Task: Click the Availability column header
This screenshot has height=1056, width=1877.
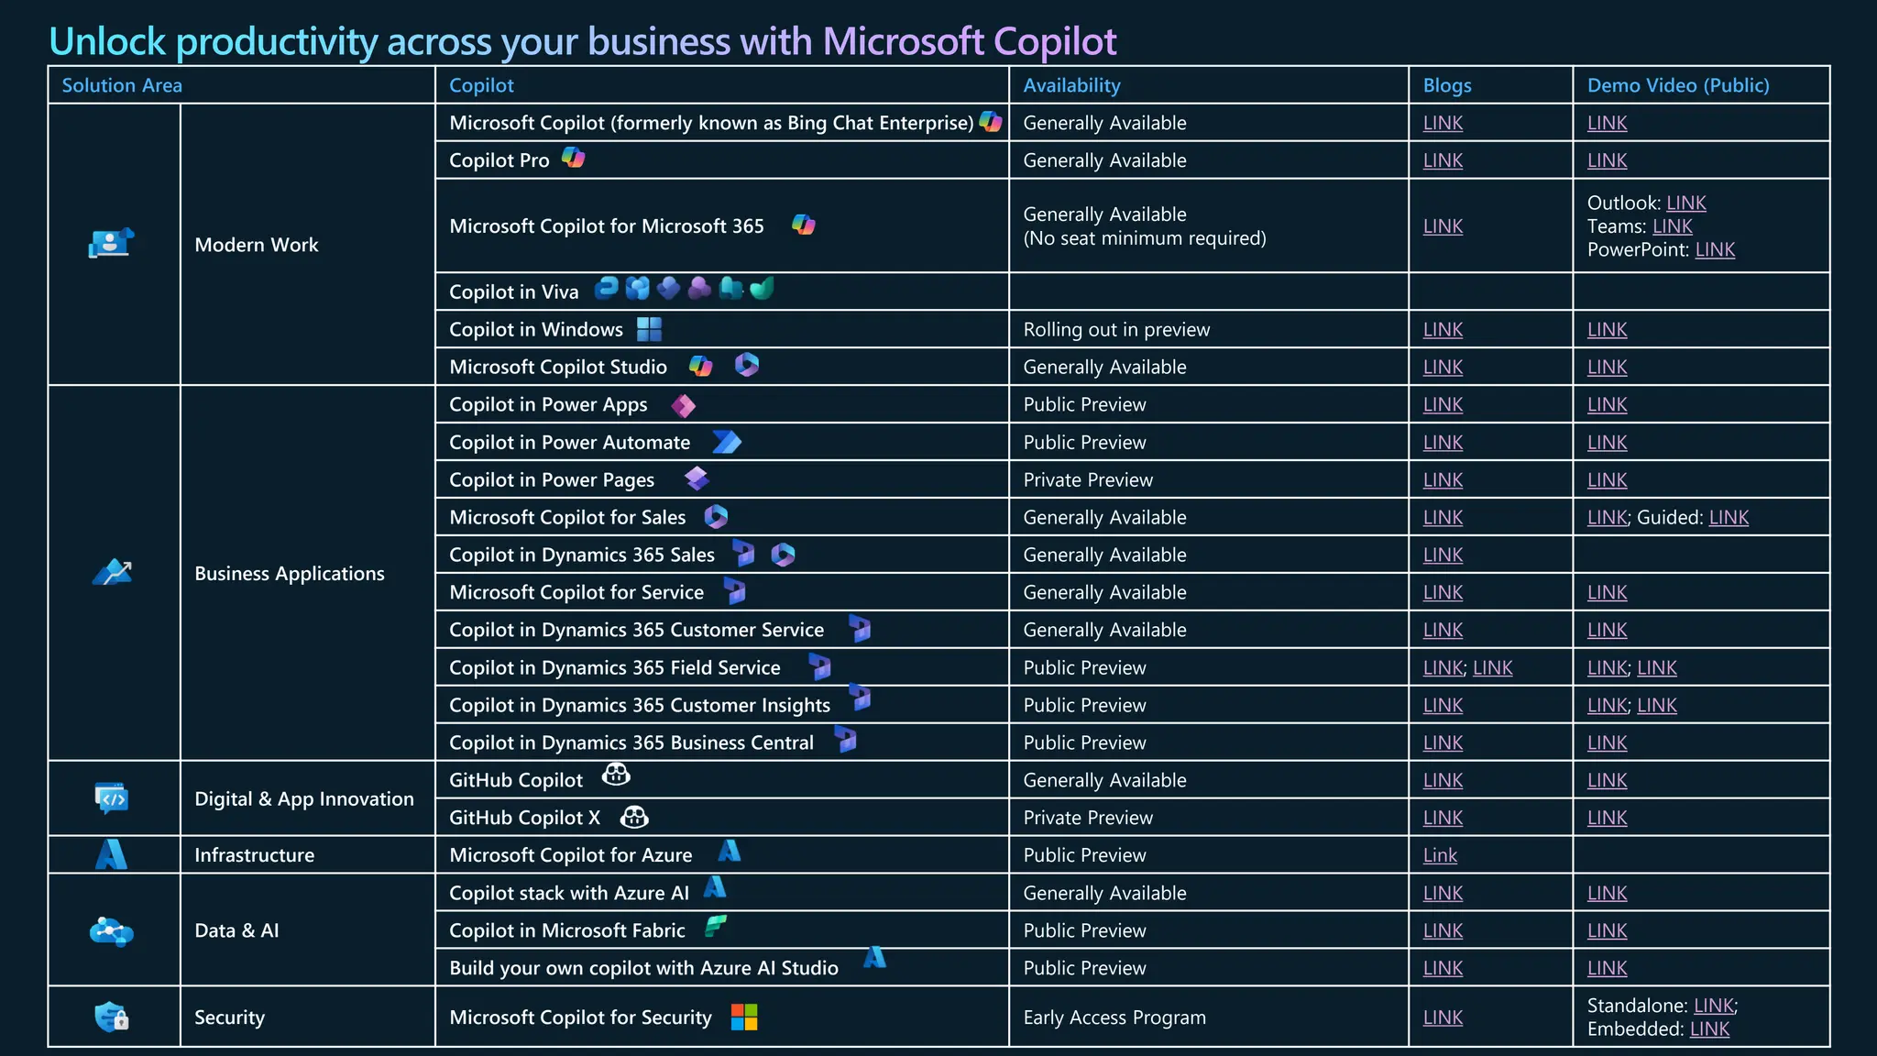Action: [1071, 85]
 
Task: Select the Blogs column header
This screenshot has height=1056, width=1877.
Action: [1446, 85]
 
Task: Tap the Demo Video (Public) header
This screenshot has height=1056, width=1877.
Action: [1677, 85]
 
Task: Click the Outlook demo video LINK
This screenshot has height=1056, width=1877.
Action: [1685, 203]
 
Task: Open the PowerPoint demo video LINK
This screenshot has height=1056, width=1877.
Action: [1714, 249]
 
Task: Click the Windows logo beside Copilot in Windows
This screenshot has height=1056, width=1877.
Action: [649, 328]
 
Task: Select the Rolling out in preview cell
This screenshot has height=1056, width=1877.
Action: [1115, 329]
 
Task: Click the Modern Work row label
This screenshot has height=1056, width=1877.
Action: [256, 245]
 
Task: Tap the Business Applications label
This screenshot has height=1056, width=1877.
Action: [289, 573]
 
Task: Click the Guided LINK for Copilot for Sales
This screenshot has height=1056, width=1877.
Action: [1728, 517]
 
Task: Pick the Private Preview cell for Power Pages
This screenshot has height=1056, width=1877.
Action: [1087, 479]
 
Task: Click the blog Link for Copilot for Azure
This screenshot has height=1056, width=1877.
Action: [1439, 855]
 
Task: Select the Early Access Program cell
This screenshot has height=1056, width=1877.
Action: [1114, 1017]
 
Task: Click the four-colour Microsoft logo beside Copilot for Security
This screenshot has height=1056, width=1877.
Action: [743, 1017]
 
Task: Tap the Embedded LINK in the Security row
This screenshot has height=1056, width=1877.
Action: [1708, 1028]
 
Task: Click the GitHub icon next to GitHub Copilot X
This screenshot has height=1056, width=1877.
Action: [633, 817]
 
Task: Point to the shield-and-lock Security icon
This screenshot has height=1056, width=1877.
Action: [111, 1017]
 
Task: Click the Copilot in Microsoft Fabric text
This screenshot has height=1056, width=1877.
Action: [566, 930]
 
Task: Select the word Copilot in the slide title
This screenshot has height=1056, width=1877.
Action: [1054, 41]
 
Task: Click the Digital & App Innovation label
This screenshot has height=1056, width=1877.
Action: [303, 798]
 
